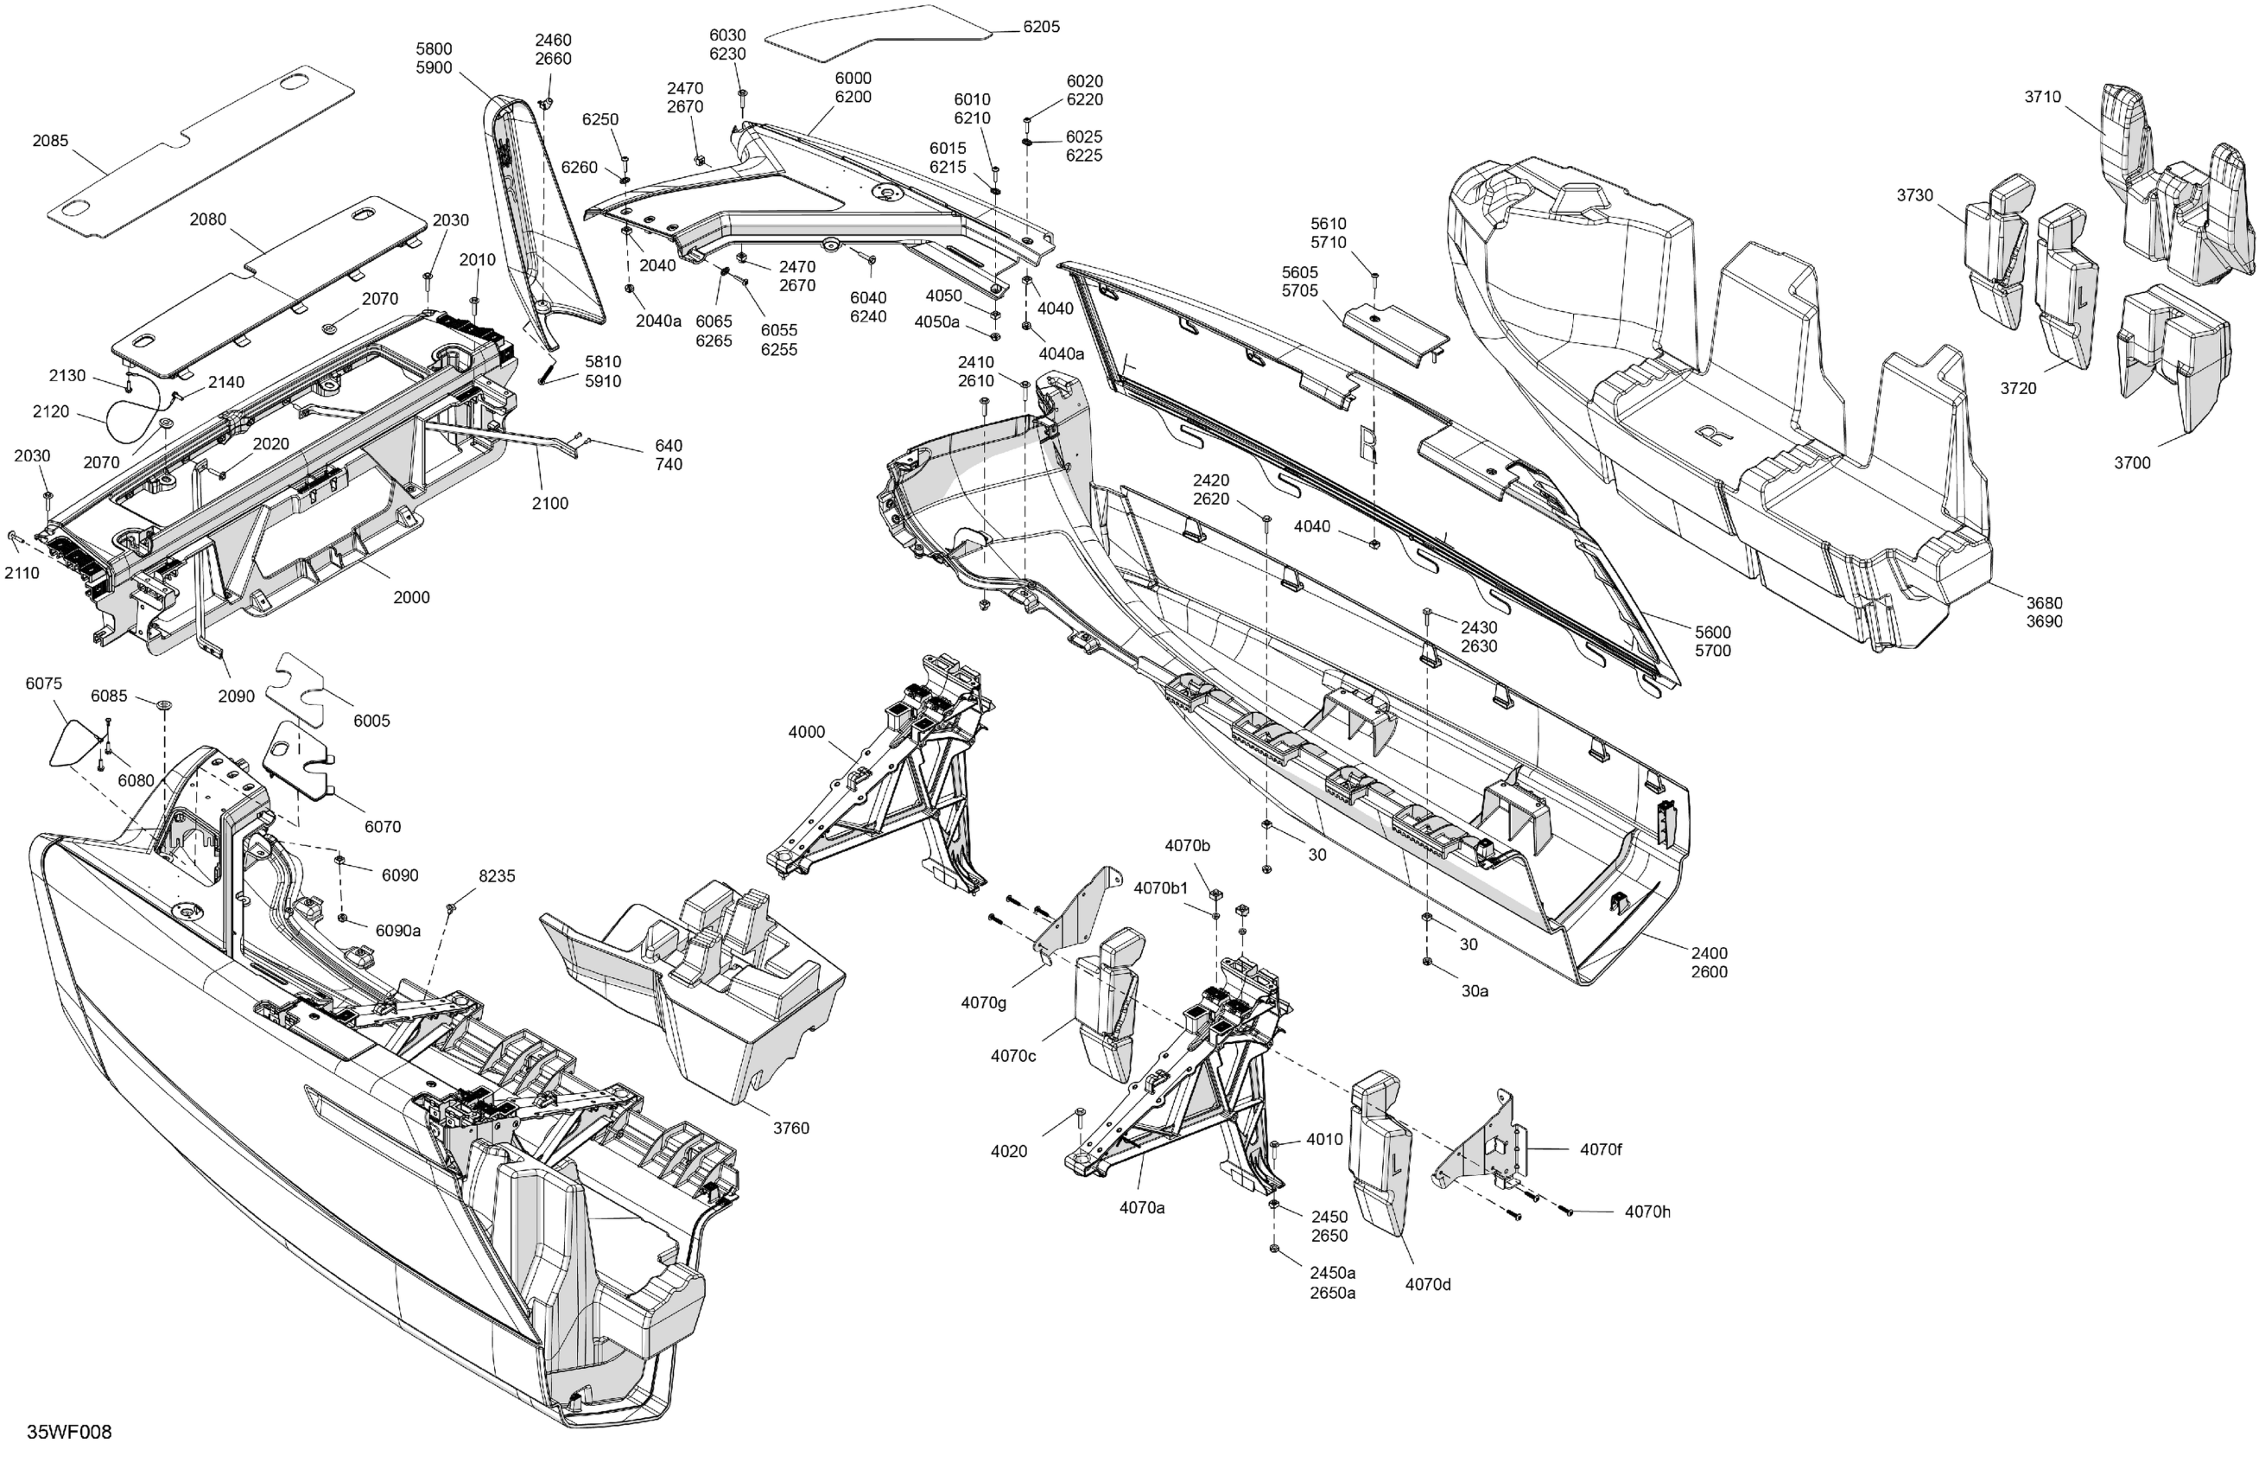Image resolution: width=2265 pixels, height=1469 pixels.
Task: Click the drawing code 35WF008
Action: (68, 1432)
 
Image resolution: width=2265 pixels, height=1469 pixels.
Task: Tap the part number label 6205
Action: (1041, 27)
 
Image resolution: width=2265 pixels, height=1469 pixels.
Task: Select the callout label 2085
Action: (50, 141)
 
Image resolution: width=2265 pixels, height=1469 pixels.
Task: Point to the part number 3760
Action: (790, 1129)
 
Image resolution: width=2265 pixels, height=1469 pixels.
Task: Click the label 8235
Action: (497, 876)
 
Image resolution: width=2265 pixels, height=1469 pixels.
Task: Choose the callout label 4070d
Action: (1428, 1284)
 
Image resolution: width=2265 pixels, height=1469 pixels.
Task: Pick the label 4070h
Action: (1646, 1212)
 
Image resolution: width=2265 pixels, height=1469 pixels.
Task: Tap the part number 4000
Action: (806, 732)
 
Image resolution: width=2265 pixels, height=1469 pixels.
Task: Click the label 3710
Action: (2042, 96)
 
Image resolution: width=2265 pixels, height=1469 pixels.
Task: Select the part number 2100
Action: (549, 504)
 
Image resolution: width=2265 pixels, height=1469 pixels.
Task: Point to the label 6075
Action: (44, 684)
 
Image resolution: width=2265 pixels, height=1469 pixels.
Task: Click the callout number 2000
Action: (411, 598)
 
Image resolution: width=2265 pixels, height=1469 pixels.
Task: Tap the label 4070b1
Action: (1160, 888)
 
